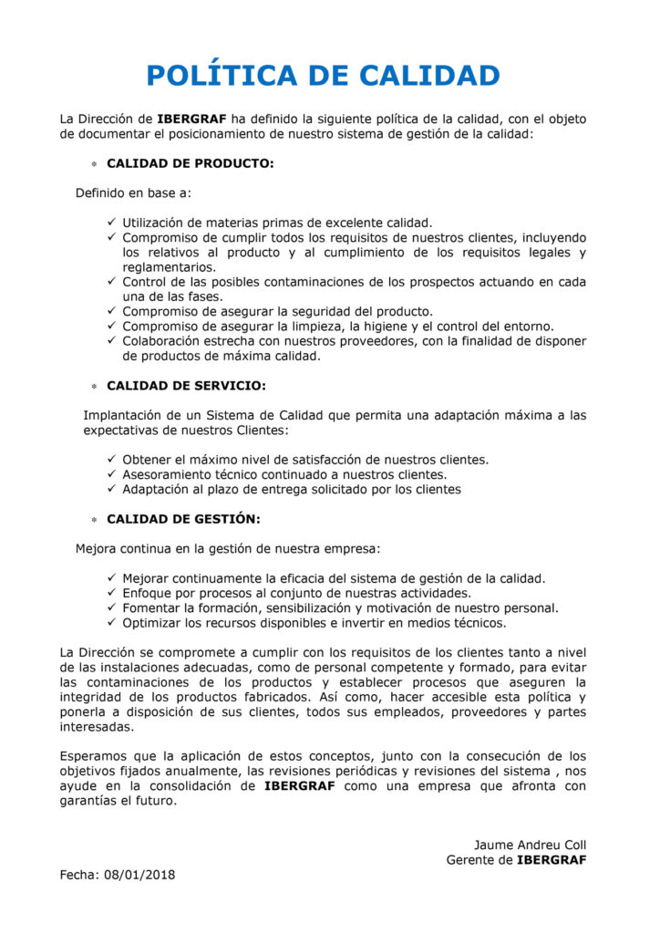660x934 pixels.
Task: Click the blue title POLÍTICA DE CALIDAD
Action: point(324,75)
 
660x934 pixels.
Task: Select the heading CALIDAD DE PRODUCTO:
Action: point(190,164)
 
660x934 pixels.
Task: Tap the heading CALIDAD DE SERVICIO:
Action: point(186,386)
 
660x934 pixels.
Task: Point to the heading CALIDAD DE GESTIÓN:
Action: point(183,519)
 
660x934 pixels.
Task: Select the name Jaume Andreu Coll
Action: point(530,845)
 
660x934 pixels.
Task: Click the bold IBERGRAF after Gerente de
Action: point(552,859)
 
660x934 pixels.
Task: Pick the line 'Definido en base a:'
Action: point(133,193)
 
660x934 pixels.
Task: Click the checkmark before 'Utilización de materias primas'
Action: point(111,223)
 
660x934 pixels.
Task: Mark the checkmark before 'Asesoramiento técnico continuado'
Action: point(111,474)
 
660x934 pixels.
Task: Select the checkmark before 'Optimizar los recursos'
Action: point(111,623)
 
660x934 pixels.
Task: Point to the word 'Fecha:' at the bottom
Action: point(79,875)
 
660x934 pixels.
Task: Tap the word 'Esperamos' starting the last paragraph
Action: point(94,755)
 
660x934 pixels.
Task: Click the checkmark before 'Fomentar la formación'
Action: point(111,607)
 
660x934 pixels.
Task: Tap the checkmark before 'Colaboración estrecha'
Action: point(111,341)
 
